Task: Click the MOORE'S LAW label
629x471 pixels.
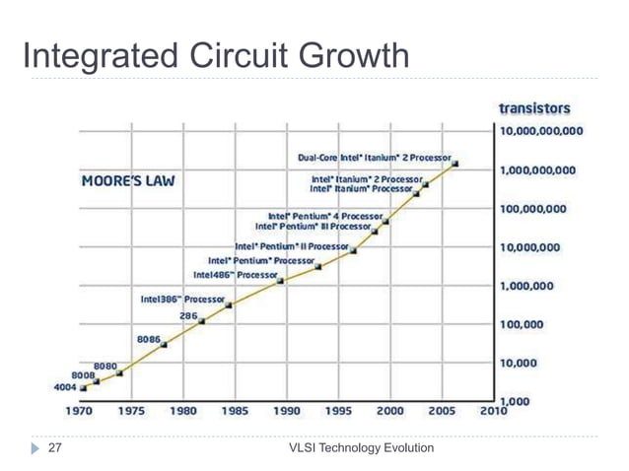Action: [x=122, y=182]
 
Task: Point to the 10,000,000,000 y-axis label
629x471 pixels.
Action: [x=540, y=131]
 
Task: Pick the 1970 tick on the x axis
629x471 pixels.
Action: [x=80, y=411]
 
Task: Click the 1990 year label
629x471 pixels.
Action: [x=287, y=411]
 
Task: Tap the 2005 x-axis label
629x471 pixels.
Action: [x=442, y=411]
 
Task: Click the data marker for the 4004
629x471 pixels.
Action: [x=84, y=388]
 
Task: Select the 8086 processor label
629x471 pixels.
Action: [x=148, y=338]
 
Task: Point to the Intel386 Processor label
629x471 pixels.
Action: [x=182, y=298]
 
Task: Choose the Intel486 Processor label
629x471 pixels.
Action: [x=235, y=275]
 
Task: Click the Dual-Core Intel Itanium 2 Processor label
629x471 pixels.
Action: [x=374, y=157]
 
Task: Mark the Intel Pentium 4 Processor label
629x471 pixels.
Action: [x=325, y=215]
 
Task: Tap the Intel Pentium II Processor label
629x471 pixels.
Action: [x=291, y=245]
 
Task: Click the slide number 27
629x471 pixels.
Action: [x=55, y=448]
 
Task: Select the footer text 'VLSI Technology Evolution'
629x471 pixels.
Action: [x=361, y=448]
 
